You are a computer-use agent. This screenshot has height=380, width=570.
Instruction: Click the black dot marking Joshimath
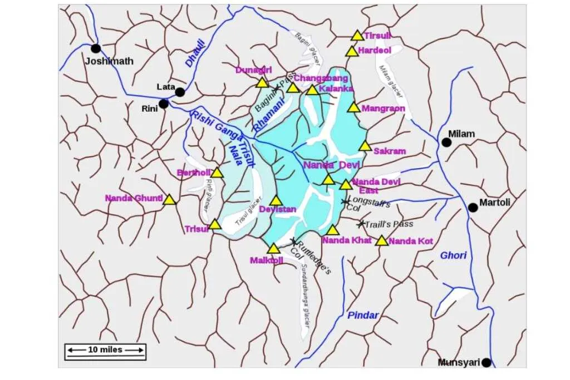96,48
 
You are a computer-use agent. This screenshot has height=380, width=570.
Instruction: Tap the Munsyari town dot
487,363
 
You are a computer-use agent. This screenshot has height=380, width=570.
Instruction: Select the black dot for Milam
446,142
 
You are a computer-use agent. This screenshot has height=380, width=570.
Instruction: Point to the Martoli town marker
473,208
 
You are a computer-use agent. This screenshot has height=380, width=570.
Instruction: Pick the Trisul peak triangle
215,225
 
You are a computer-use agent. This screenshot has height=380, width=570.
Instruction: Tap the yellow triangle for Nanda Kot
381,241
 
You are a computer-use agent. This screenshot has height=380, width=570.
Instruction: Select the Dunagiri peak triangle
262,83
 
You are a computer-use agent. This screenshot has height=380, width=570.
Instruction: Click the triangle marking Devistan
276,201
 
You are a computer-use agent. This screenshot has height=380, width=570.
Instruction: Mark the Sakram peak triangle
365,146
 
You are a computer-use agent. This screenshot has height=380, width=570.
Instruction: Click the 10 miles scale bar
105,350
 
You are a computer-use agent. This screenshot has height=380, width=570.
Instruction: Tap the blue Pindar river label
363,315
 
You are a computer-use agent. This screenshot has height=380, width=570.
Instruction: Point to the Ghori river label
453,255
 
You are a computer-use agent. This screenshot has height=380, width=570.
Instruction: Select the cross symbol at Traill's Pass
361,224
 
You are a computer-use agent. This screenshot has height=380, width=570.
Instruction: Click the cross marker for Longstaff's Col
345,201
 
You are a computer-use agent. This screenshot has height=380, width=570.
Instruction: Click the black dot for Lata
179,92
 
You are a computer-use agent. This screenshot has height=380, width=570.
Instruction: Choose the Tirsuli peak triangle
357,36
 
